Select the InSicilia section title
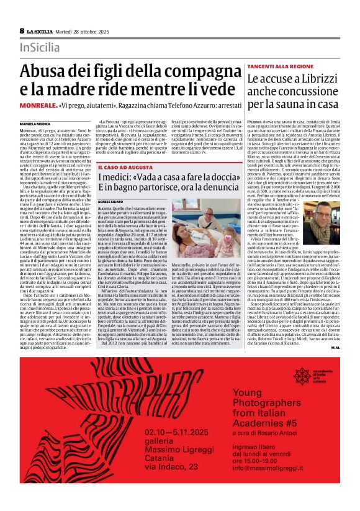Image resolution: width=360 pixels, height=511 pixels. click(40, 47)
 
